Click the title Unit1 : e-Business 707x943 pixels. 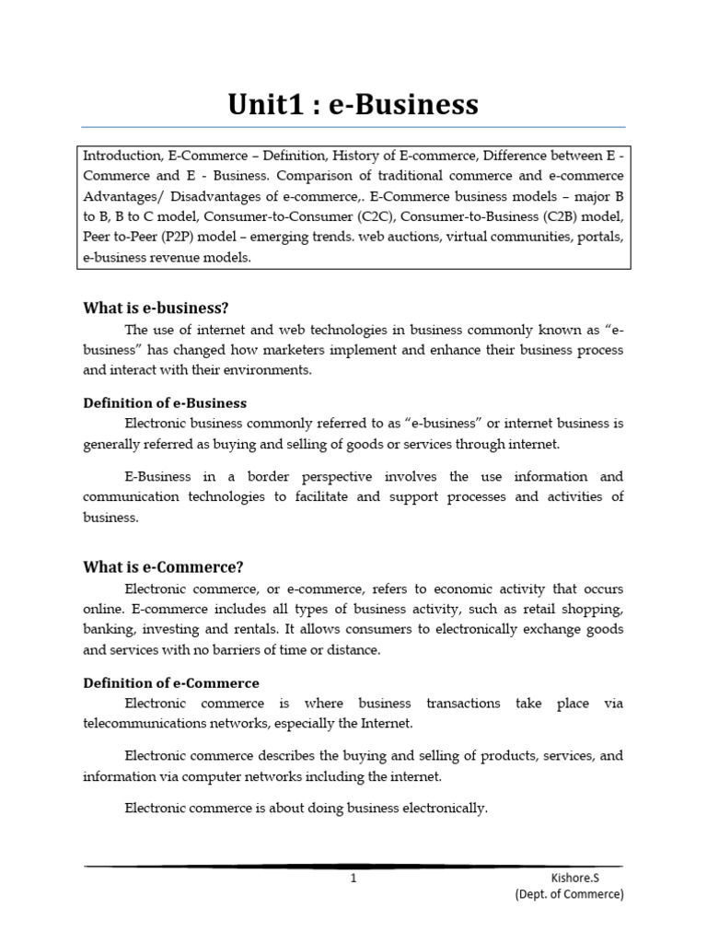tap(353, 104)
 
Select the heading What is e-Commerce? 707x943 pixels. tap(163, 566)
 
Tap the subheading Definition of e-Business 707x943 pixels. tap(165, 403)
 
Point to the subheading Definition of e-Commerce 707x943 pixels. tap(171, 682)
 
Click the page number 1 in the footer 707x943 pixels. tap(353, 879)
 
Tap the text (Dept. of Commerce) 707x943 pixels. tap(569, 894)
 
